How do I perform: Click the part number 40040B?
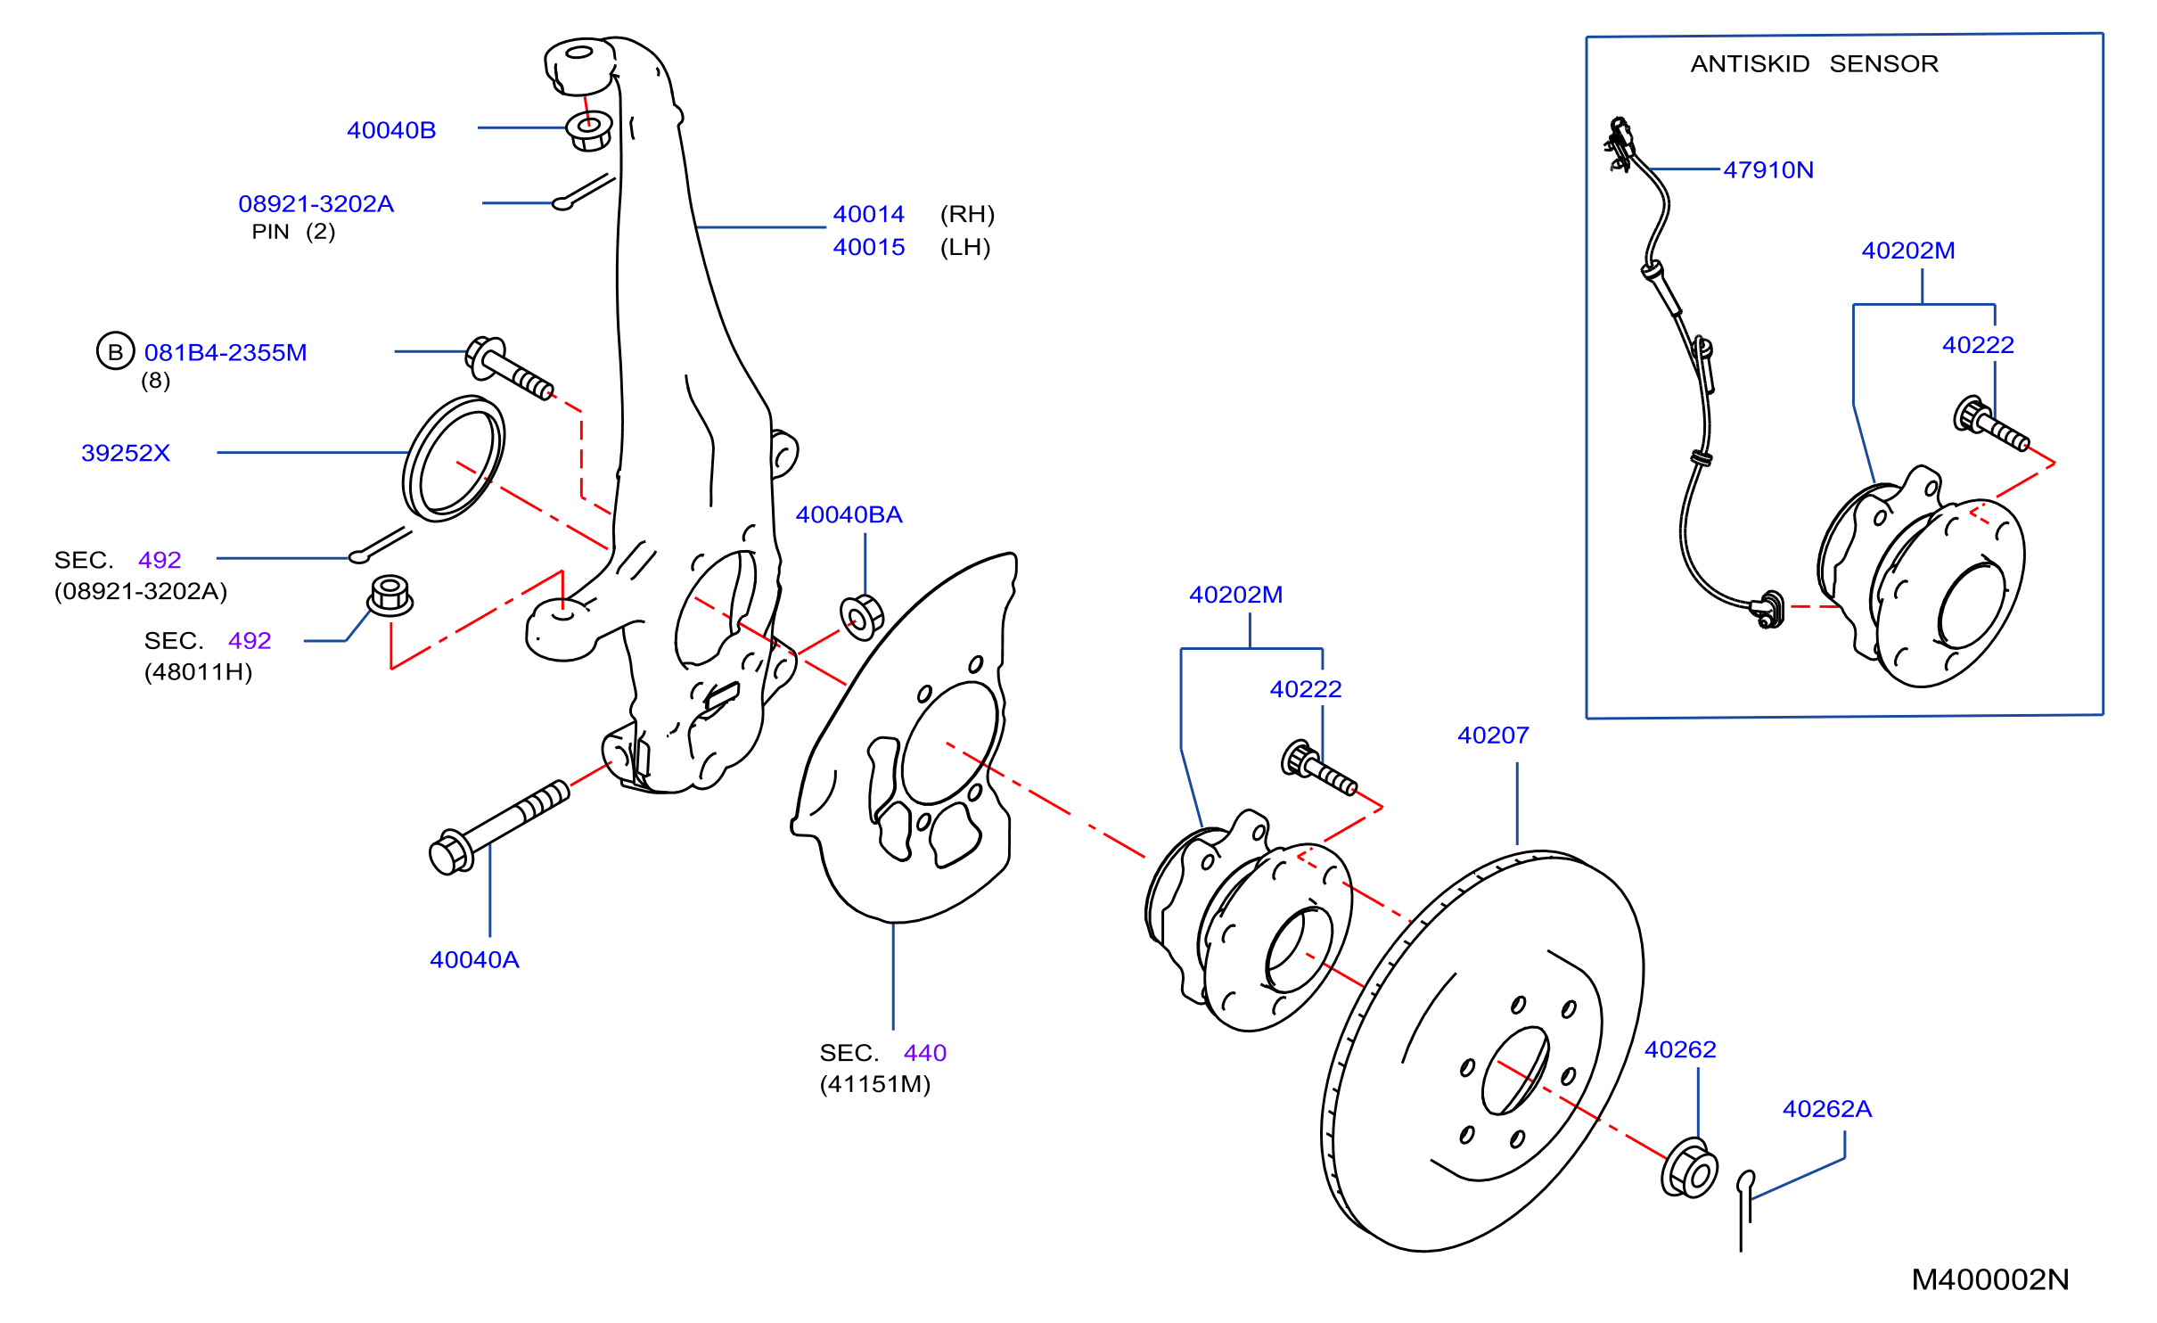[391, 130]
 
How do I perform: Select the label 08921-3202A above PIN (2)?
[316, 204]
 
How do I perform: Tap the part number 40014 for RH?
[869, 214]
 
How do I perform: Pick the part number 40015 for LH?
[869, 247]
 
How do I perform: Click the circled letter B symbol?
[115, 351]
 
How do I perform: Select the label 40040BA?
[849, 514]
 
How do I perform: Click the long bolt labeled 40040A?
[499, 827]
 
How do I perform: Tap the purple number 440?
[925, 1053]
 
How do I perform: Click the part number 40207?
[1493, 735]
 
